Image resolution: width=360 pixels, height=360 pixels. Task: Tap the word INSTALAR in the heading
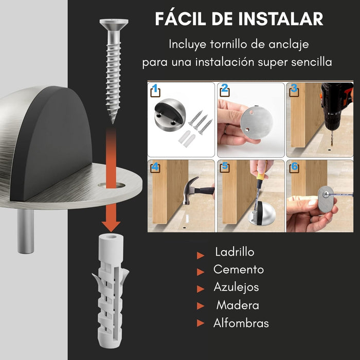click(x=281, y=19)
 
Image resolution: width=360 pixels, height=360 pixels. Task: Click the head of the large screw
click(x=114, y=24)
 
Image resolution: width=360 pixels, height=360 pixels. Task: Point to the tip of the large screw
click(x=113, y=123)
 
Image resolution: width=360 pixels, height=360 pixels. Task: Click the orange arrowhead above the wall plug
click(x=111, y=226)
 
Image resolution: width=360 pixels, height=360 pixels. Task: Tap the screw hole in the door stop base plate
click(x=112, y=185)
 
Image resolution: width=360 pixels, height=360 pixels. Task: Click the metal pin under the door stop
click(x=26, y=231)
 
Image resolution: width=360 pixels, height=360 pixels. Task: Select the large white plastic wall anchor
click(x=111, y=291)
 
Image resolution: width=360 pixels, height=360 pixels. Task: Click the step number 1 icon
click(x=155, y=91)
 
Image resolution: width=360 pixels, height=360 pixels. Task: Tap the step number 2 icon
click(x=225, y=90)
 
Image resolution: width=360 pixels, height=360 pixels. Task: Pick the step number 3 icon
click(x=294, y=90)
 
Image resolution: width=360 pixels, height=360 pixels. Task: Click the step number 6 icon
click(x=294, y=167)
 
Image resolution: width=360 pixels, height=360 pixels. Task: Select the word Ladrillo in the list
click(x=235, y=252)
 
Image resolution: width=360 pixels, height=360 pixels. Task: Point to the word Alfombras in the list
click(x=241, y=323)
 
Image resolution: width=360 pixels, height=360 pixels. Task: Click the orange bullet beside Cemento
click(x=201, y=272)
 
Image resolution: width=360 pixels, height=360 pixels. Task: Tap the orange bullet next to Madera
click(x=201, y=306)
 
